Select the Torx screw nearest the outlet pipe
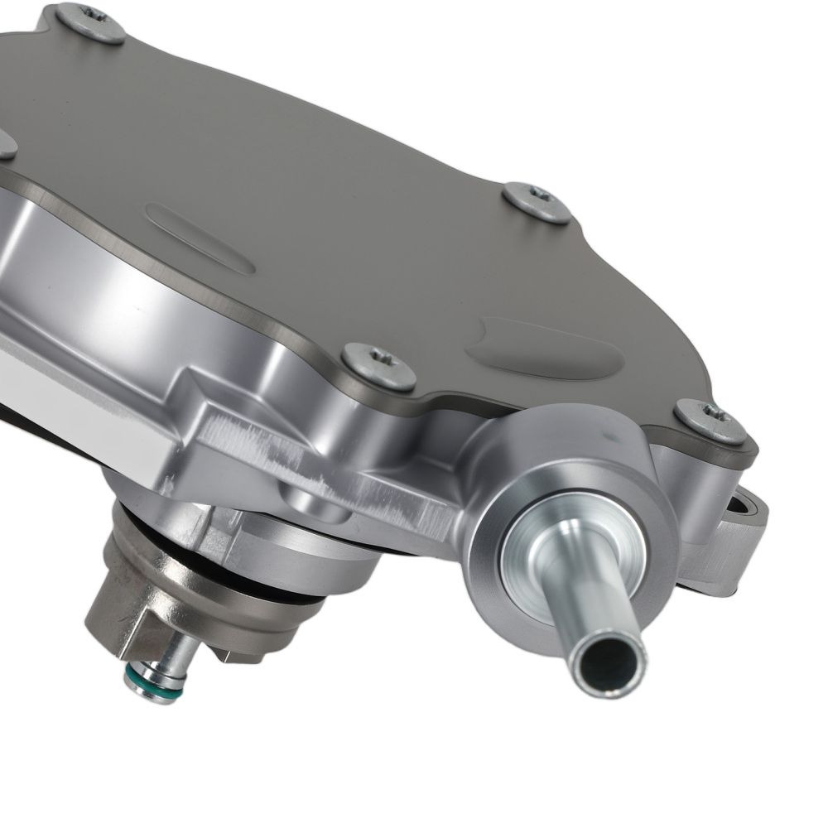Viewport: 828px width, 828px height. pos(710,421)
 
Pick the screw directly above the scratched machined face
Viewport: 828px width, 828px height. pos(378,365)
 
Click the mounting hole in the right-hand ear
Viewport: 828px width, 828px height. pos(745,505)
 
